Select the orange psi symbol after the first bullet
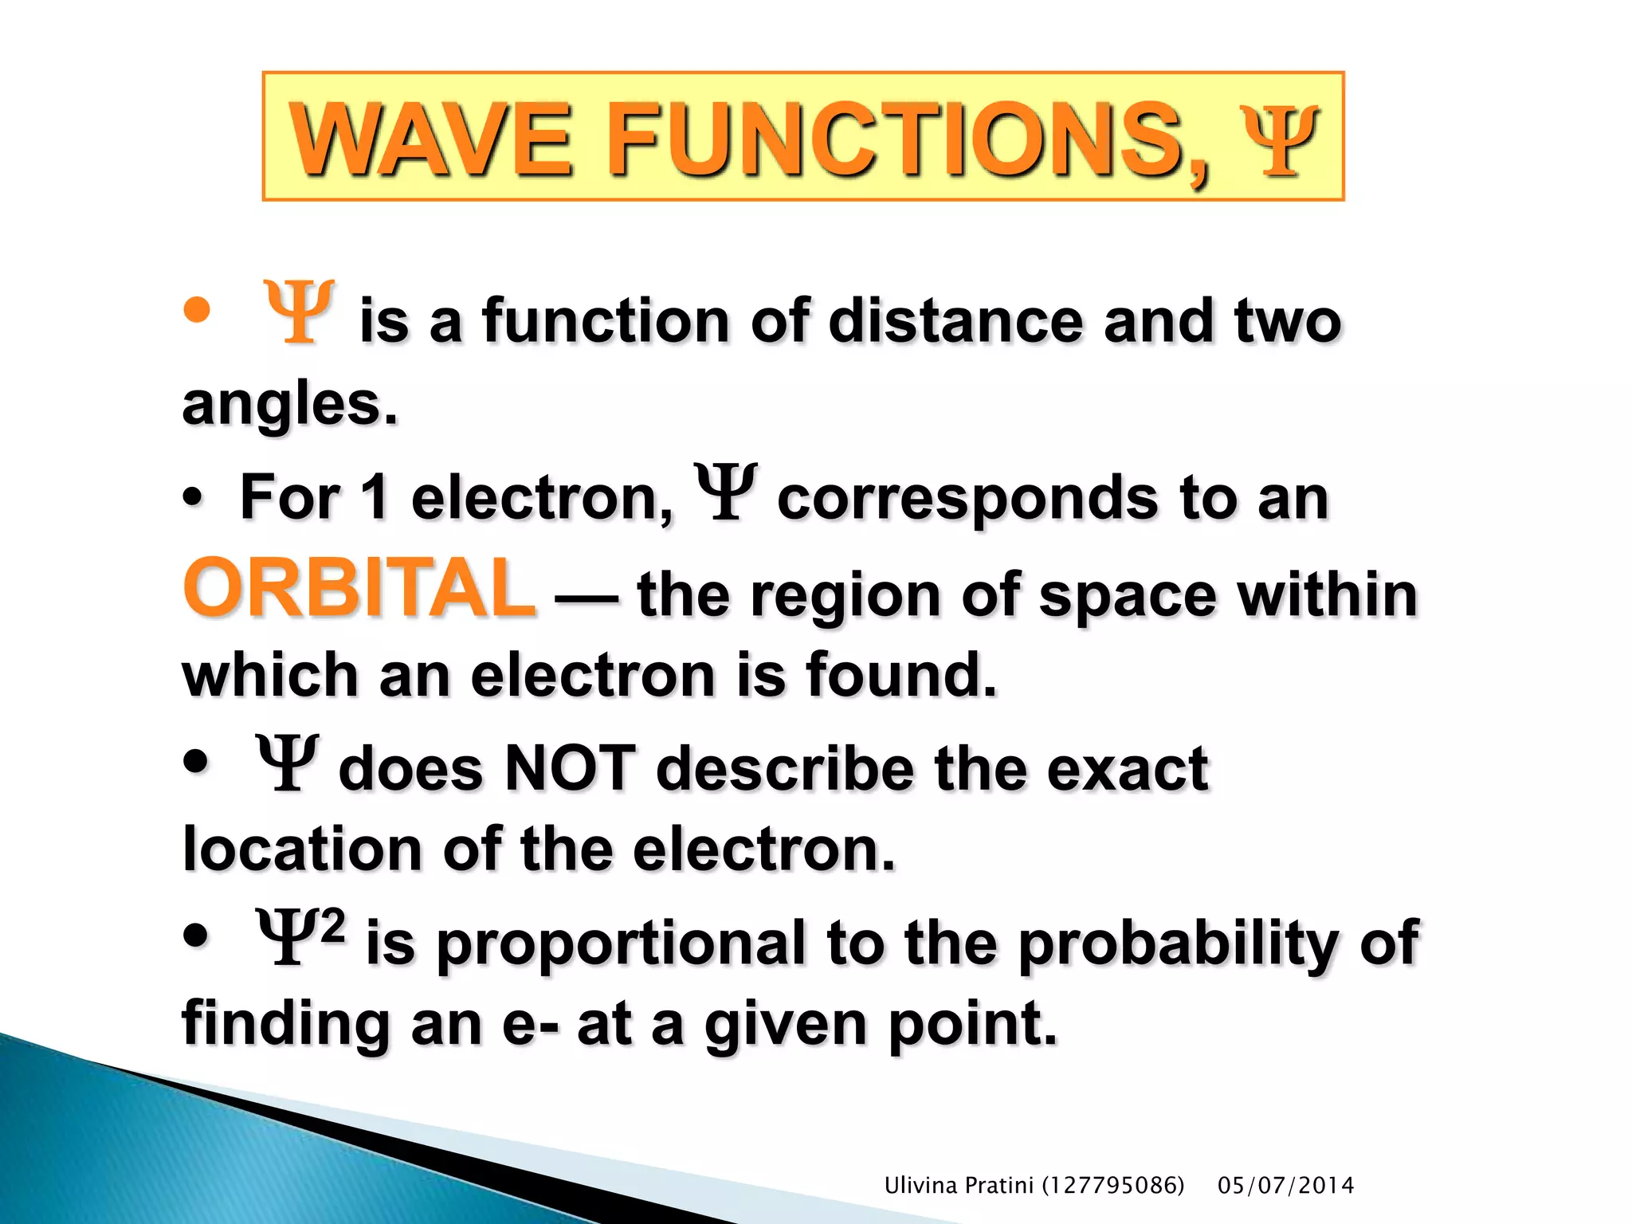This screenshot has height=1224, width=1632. pos(300,312)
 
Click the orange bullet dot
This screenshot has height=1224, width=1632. pos(197,311)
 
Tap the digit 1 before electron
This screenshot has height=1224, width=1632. pos(375,497)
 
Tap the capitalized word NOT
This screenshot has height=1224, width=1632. pos(570,768)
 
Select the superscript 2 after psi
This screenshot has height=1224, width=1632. pos(332,927)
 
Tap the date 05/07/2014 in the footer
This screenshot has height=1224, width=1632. pos(1285,1186)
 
